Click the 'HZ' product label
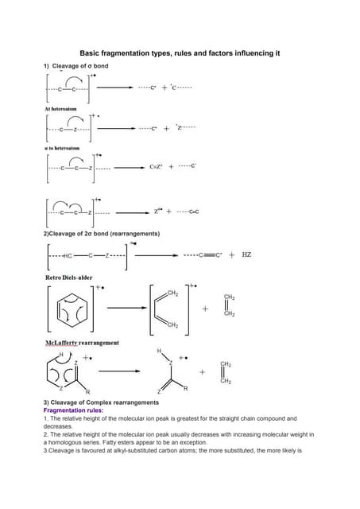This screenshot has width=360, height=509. point(246,255)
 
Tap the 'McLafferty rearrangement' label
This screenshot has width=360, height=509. point(77,343)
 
